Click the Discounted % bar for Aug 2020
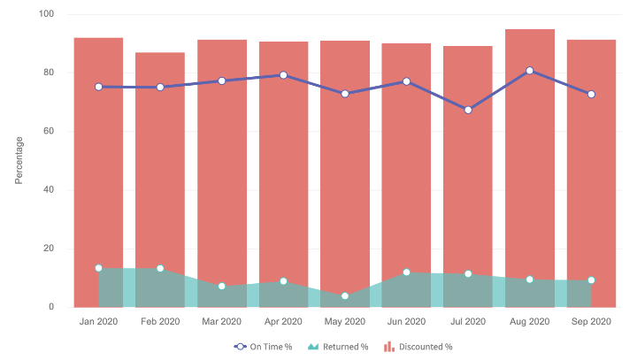530,168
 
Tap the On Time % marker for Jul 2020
468,110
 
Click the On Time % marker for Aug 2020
530,71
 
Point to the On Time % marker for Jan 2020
98,87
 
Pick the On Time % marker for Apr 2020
283,75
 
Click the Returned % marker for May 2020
345,295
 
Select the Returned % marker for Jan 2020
98,268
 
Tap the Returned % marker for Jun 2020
406,272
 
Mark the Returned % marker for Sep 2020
591,280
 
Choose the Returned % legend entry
342,347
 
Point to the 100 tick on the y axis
46,15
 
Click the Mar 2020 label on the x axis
221,322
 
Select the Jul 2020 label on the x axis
468,322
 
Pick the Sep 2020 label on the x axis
591,322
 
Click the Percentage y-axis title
19,160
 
